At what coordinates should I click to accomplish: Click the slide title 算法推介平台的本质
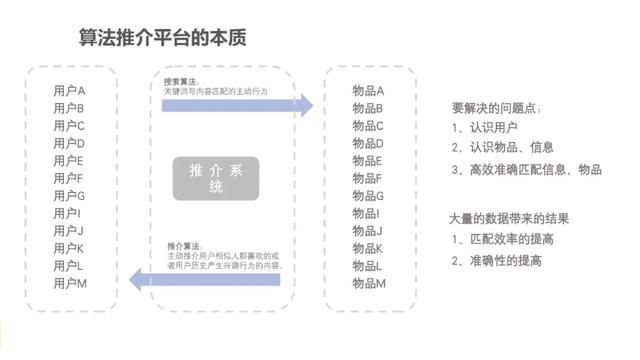tap(163, 38)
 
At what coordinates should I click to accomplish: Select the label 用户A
tap(70, 91)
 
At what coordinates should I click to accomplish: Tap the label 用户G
tap(70, 196)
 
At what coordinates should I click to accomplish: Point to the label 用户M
tap(70, 284)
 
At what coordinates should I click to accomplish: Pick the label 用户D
tap(70, 143)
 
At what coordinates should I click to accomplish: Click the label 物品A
tap(368, 91)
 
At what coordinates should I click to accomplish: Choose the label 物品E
tap(368, 161)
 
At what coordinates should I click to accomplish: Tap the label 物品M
tap(368, 284)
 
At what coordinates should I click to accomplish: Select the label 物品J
tap(368, 231)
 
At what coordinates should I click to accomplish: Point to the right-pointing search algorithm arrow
tap(240, 105)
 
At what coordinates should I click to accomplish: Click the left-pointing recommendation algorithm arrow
tap(225, 280)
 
